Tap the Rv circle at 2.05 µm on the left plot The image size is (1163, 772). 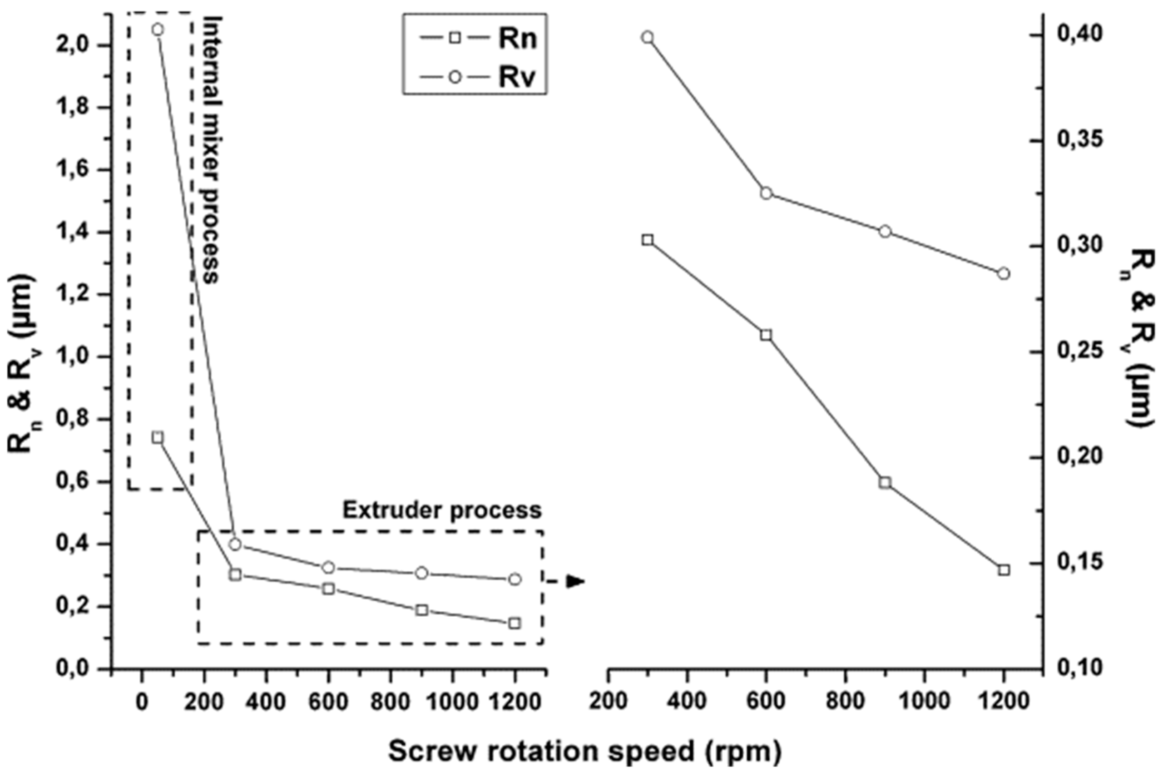[x=157, y=30]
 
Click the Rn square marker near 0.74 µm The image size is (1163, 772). [x=157, y=437]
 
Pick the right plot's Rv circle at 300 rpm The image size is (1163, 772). [x=648, y=37]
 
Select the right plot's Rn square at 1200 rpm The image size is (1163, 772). [x=1004, y=569]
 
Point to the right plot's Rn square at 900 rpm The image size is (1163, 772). [x=885, y=482]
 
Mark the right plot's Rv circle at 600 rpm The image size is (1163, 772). [x=766, y=193]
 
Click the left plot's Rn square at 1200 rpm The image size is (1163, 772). [x=515, y=623]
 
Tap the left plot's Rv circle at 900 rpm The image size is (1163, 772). [x=421, y=573]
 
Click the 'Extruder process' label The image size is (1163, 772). [x=442, y=510]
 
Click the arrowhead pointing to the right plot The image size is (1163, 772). [x=574, y=581]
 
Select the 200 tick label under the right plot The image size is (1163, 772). [x=608, y=701]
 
